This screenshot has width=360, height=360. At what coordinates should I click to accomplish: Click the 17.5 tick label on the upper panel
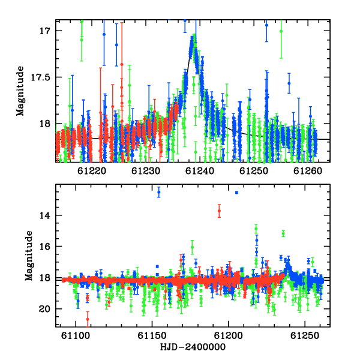[40, 77]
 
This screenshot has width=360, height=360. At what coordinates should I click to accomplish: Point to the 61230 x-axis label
[146, 171]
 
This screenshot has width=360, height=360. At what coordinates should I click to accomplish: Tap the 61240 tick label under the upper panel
[200, 171]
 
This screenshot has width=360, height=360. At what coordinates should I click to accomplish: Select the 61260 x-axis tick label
[308, 171]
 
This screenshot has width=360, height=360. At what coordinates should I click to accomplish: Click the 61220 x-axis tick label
[92, 171]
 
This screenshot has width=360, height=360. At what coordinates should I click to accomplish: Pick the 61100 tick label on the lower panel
[76, 335]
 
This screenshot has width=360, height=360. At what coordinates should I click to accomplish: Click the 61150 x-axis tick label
[152, 335]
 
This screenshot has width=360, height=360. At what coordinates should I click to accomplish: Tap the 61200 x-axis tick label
[228, 335]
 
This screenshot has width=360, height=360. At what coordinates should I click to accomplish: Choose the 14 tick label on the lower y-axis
[45, 215]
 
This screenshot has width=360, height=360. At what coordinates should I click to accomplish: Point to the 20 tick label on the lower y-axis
[44, 309]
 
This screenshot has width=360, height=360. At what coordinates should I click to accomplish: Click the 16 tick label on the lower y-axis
[45, 247]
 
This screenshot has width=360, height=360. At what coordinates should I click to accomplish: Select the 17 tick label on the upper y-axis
[45, 31]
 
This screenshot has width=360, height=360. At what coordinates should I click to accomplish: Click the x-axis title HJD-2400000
[193, 347]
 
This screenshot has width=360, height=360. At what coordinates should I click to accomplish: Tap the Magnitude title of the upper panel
[20, 91]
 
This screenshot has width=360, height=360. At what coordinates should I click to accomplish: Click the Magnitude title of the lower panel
[29, 256]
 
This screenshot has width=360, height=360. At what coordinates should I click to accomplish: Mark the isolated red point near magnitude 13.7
[219, 211]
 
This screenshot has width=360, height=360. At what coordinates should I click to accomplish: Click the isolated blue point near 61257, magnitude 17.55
[289, 83]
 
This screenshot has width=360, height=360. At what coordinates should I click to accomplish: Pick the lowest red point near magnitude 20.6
[88, 319]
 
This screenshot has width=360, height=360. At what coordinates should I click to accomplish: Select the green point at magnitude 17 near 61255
[281, 31]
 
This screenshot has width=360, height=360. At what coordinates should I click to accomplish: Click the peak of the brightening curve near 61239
[194, 36]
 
